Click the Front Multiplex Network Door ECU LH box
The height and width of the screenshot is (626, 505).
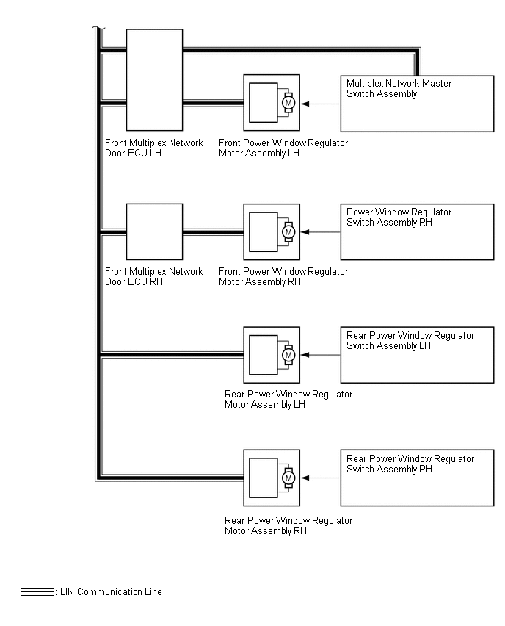pos(154,79)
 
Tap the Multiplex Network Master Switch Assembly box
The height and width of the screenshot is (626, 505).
pos(417,104)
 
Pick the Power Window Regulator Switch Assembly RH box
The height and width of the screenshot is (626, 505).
pos(417,232)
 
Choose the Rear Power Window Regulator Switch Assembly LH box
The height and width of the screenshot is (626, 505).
pos(417,356)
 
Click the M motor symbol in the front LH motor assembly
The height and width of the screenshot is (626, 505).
pos(288,103)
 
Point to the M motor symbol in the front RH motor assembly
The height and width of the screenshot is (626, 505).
pos(288,232)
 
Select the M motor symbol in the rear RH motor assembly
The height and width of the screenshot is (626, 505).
pos(288,478)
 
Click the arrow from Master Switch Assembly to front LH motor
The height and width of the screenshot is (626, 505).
pos(321,104)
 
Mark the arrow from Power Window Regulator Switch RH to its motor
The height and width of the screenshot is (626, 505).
pos(321,232)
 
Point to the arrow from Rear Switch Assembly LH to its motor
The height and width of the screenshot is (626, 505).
pos(321,356)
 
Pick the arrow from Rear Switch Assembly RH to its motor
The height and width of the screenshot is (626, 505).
pos(321,478)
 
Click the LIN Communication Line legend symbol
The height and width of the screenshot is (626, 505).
pos(37,591)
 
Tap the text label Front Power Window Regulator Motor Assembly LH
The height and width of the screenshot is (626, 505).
pos(283,148)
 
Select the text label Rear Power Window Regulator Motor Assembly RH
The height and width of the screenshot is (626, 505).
pos(288,525)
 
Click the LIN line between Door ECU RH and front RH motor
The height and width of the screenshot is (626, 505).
pos(213,232)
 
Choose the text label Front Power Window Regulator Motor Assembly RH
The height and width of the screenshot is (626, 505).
pos(283,276)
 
